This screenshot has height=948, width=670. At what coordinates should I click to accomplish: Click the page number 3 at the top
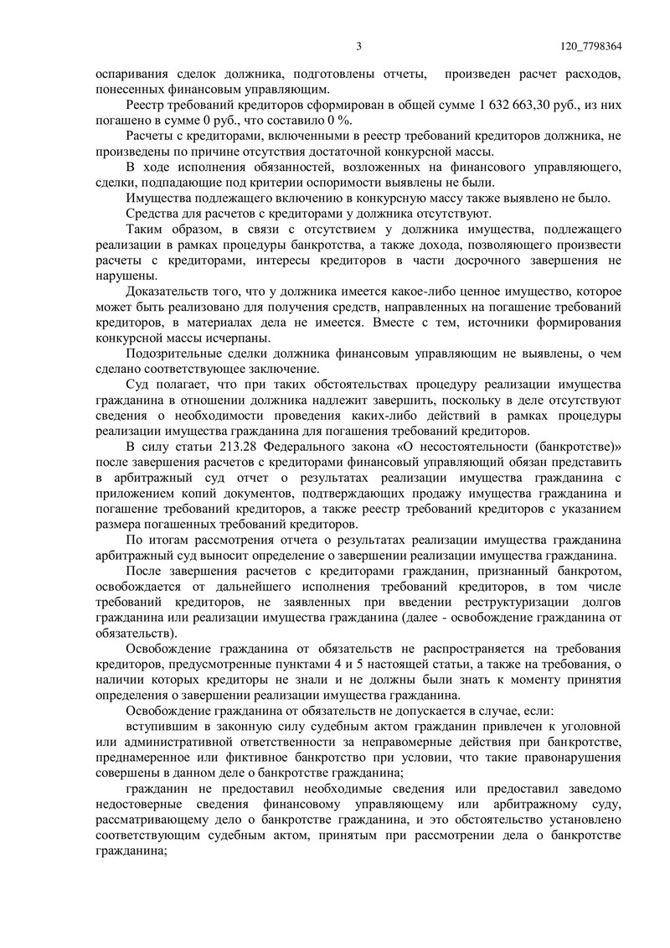coord(358,46)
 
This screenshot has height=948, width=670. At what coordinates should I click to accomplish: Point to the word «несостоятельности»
coord(480,445)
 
